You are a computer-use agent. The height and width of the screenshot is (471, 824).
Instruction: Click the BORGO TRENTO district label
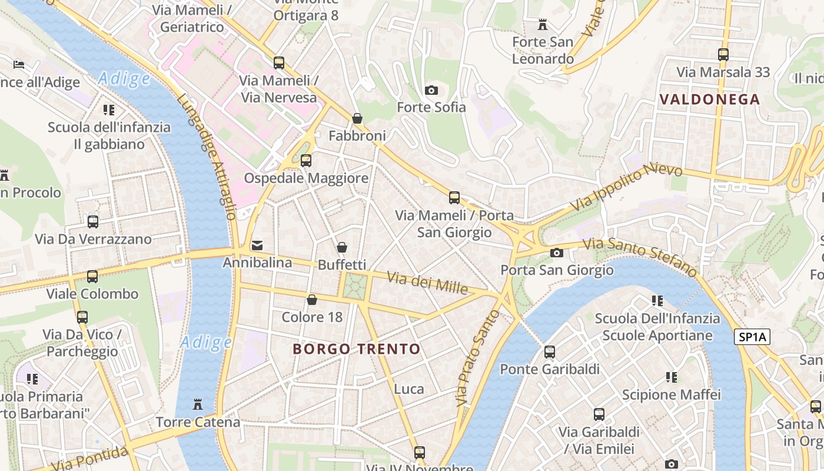tap(357, 349)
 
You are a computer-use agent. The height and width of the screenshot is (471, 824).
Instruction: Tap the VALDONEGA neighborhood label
tap(710, 99)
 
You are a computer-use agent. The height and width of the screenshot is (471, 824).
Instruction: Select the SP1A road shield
tap(752, 337)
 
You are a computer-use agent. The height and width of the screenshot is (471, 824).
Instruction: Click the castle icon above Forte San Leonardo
tap(543, 25)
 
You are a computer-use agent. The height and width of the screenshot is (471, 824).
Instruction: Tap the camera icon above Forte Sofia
tap(431, 90)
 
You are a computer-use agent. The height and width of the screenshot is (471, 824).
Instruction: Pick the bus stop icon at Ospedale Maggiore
tap(306, 160)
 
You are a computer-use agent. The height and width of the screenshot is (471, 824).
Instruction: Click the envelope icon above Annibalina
tap(257, 246)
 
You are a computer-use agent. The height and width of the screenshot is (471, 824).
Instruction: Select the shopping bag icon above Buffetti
tap(342, 248)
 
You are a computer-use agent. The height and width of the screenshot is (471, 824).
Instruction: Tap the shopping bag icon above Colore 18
tap(312, 300)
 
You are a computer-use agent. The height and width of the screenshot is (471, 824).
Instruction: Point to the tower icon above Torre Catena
tap(198, 405)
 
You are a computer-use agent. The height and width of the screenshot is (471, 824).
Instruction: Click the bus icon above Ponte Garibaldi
tap(550, 352)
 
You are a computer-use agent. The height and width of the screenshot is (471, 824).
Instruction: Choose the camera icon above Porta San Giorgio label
tap(557, 253)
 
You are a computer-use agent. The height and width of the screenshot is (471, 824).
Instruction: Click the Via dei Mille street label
tap(427, 283)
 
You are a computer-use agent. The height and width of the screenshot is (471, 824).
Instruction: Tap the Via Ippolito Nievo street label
tap(627, 187)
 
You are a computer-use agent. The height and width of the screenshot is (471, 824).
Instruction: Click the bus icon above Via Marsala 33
tap(723, 55)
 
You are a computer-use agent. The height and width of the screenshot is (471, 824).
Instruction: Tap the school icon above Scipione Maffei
tap(672, 377)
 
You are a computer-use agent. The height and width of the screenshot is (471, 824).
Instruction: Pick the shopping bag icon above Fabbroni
tap(357, 118)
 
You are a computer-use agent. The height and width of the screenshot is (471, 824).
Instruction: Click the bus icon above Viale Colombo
tap(92, 277)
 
